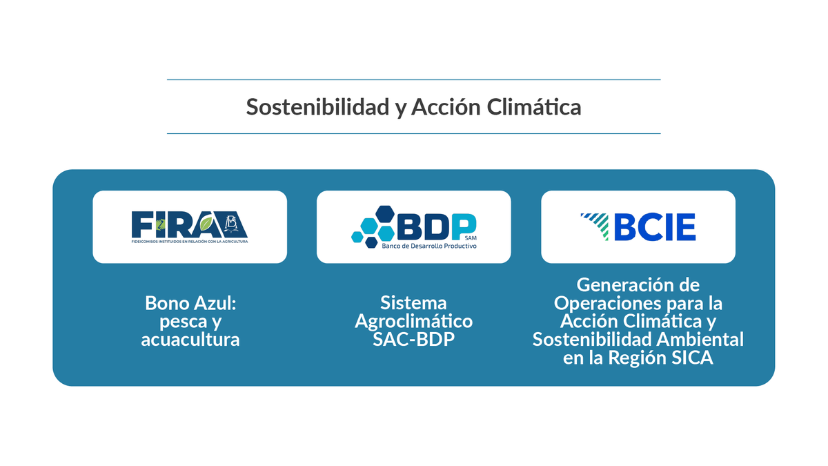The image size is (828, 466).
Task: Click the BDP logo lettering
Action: click(x=437, y=224)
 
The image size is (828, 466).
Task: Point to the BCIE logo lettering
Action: click(x=654, y=226)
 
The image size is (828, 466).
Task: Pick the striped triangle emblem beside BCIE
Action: click(x=595, y=226)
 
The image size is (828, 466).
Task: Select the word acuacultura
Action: click(x=190, y=340)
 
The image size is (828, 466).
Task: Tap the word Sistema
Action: click(x=413, y=303)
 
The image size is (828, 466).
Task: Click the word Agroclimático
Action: click(x=413, y=321)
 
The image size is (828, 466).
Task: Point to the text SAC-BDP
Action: click(x=413, y=340)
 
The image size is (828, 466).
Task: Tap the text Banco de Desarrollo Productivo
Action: click(x=429, y=245)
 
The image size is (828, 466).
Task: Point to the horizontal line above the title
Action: click(x=413, y=80)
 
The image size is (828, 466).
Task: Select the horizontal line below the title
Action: click(x=413, y=133)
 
